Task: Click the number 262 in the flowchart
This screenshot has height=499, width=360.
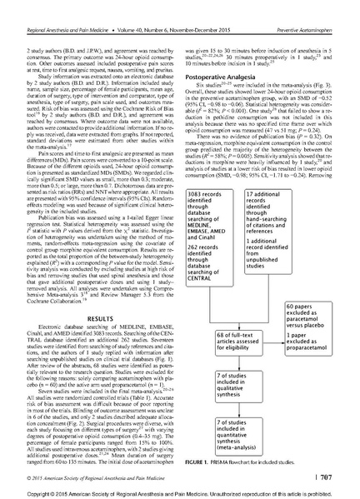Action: click(197, 236)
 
